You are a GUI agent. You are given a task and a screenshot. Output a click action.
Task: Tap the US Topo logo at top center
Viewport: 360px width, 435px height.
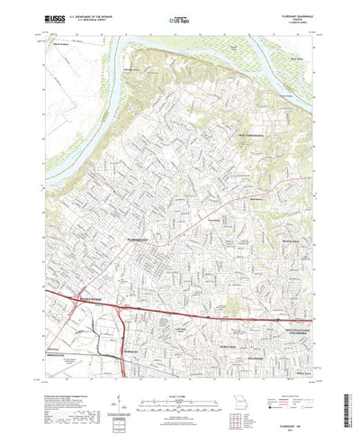coord(180,17)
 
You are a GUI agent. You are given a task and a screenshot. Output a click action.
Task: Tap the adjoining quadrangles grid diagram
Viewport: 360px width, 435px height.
coord(238,395)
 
